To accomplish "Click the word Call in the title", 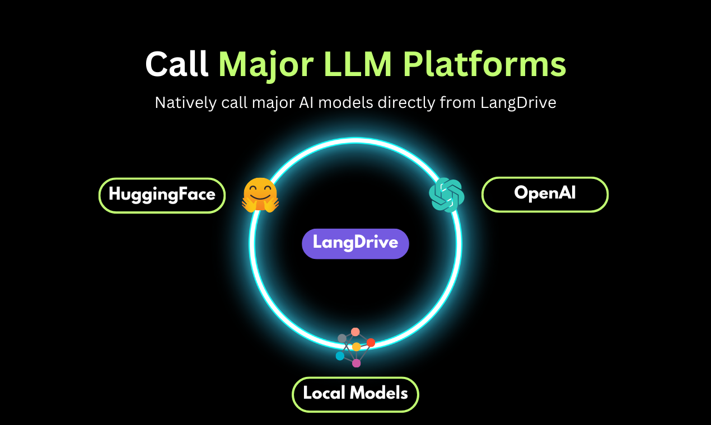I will coord(177,65).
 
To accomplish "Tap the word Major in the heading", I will coord(266,65).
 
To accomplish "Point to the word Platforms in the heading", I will coord(485,65).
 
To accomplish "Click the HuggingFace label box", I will coord(162,195).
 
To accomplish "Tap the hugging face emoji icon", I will coord(260,195).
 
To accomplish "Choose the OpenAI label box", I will coord(545,194).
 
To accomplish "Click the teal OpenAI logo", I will coord(447,195).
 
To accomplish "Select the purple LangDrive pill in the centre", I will coord(355,243).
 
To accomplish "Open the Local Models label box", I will coord(355,394).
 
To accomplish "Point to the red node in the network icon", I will coord(371,342).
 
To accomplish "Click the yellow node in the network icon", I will coord(357,347).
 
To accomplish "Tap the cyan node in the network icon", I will coord(340,356).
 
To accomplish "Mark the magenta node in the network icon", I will coord(357,363).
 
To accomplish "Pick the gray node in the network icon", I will coord(342,338).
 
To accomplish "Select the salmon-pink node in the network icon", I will coord(355,332).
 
